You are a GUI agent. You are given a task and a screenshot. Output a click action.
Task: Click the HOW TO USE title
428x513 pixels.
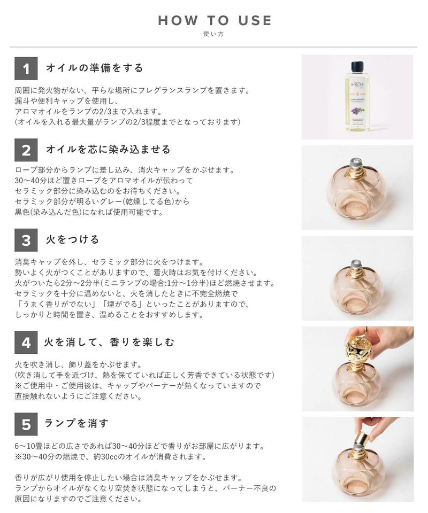click(x=215, y=21)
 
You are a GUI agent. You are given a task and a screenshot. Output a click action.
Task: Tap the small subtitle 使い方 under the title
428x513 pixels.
click(x=213, y=34)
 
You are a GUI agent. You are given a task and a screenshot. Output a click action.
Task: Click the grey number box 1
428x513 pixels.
click(x=26, y=69)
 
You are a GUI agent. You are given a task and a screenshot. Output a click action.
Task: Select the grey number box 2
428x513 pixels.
click(x=26, y=150)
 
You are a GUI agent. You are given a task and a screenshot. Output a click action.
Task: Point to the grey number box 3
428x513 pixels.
click(x=26, y=240)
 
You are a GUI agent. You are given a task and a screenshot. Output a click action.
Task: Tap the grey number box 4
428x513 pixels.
click(x=26, y=342)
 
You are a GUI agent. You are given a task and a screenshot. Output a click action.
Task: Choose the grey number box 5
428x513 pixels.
click(x=26, y=424)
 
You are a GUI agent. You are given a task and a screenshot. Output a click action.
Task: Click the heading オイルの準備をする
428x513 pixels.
click(x=95, y=68)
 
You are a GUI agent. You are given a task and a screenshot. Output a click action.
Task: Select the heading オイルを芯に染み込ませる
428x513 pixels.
click(x=109, y=149)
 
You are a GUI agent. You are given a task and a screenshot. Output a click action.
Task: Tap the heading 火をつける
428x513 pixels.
click(x=72, y=239)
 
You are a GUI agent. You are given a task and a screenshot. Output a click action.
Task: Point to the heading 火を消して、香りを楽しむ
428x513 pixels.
click(x=109, y=342)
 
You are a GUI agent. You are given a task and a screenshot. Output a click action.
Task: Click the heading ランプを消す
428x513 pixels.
click(x=76, y=423)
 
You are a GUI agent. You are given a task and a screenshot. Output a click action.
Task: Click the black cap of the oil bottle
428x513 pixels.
click(x=357, y=66)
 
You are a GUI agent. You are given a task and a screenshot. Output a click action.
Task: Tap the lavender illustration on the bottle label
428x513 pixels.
click(x=356, y=111)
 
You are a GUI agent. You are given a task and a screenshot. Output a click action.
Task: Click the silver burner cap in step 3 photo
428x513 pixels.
click(x=356, y=265)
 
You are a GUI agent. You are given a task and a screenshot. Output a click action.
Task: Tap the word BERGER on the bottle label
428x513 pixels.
click(x=357, y=84)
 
